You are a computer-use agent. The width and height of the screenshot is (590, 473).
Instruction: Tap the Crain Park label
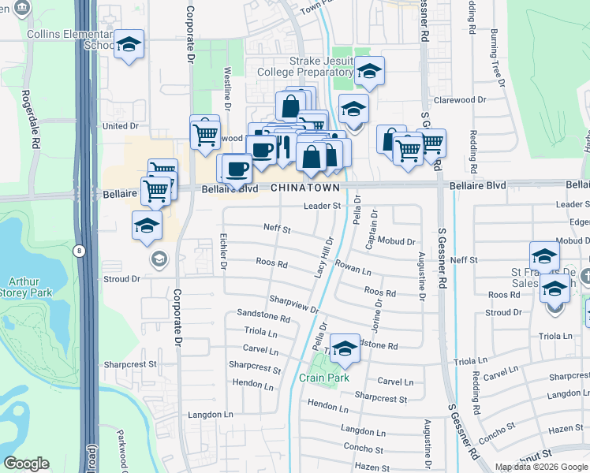324,378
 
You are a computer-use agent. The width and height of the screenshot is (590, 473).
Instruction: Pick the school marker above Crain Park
345,349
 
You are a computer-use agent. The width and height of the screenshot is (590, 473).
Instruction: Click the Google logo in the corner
26,464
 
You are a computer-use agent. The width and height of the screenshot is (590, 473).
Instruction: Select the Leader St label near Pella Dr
322,206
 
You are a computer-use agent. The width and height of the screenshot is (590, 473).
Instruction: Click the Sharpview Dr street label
293,304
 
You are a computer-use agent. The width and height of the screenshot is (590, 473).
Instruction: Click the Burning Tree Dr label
497,57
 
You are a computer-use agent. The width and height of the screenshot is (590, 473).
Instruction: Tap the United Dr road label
121,126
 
